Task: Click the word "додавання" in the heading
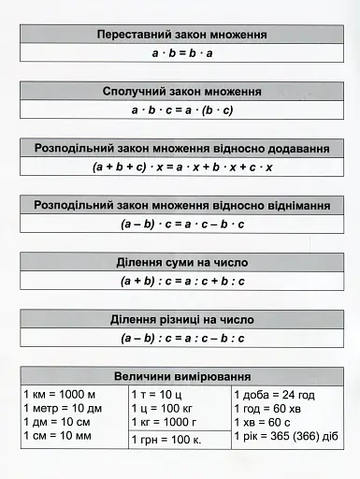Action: [x=295, y=149]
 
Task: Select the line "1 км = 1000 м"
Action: [x=59, y=395]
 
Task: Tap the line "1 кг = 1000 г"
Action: [x=169, y=422]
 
